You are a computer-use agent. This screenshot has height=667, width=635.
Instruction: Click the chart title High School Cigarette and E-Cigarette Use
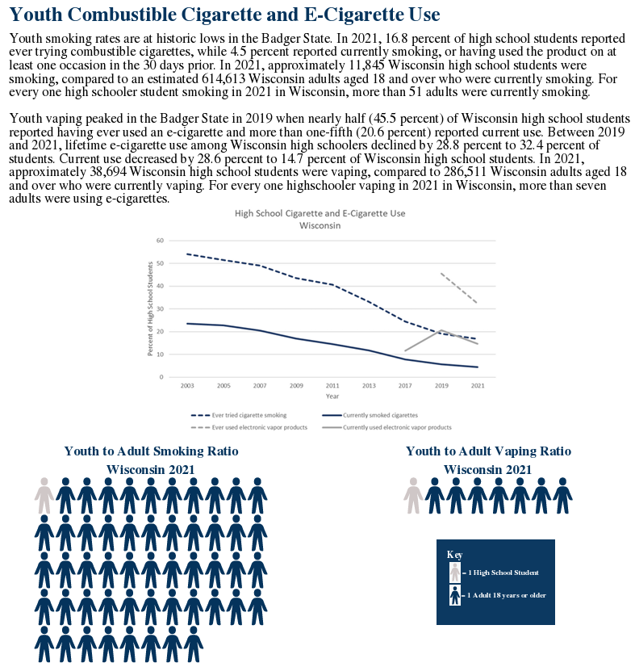coord(320,214)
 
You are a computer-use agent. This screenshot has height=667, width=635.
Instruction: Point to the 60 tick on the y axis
coord(161,241)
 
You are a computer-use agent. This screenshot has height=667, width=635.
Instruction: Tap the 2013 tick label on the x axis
coord(369,386)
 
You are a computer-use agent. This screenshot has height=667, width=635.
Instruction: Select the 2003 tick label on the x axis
coord(187,386)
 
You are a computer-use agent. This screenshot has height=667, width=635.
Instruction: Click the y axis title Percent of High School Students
coord(150,308)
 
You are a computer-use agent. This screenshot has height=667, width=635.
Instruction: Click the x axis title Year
coord(332,396)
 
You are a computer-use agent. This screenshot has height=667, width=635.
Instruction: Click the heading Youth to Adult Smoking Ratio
coord(152,451)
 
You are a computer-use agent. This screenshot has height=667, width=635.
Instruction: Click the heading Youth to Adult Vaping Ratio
coord(487,451)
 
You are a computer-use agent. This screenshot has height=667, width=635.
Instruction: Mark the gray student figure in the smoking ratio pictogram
coord(44,495)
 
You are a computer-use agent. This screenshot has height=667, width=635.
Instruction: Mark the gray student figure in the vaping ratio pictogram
coord(413,495)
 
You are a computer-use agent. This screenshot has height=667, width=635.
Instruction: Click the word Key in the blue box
coord(454,555)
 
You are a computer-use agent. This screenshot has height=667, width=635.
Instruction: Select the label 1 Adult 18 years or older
coord(507,596)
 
